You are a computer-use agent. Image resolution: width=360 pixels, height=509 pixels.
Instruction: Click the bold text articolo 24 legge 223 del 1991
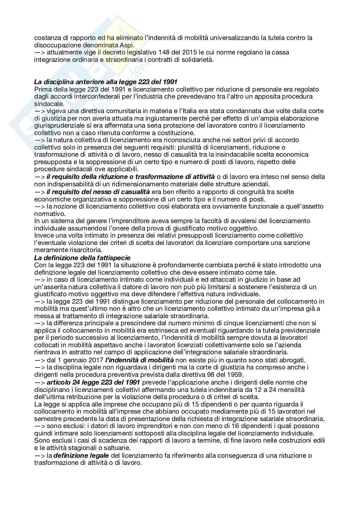(x=93, y=382)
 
